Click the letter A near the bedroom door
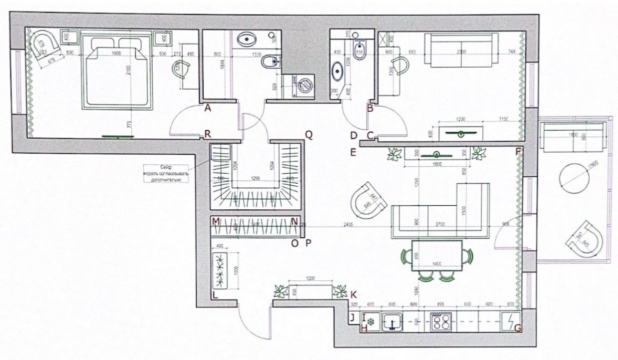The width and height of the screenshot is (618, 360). (207, 107)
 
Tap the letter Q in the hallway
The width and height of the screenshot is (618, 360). (309, 134)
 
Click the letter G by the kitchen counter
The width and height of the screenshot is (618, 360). (518, 328)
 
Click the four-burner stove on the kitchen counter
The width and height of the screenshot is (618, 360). (441, 320)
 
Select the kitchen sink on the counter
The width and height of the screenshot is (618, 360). (393, 321)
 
